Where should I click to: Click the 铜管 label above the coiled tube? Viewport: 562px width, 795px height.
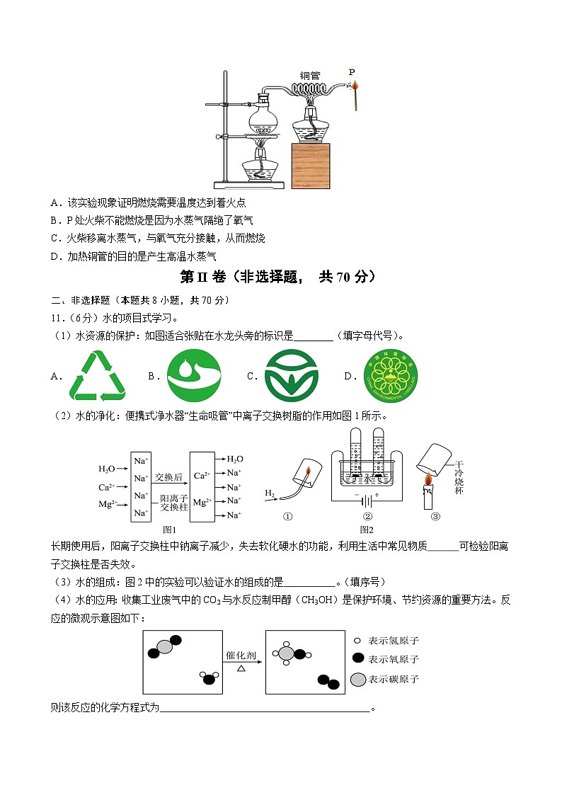310,76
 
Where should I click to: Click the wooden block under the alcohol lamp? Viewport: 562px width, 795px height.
311,164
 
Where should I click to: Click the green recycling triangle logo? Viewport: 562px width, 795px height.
97,376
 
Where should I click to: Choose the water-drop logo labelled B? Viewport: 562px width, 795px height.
194,376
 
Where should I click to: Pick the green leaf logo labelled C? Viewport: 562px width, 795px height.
292,376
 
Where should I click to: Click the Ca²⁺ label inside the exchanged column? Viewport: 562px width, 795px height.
200,475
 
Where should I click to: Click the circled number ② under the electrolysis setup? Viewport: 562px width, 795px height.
367,516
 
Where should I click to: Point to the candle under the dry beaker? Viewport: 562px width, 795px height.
428,496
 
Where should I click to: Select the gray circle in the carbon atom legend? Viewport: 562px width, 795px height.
359,680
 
